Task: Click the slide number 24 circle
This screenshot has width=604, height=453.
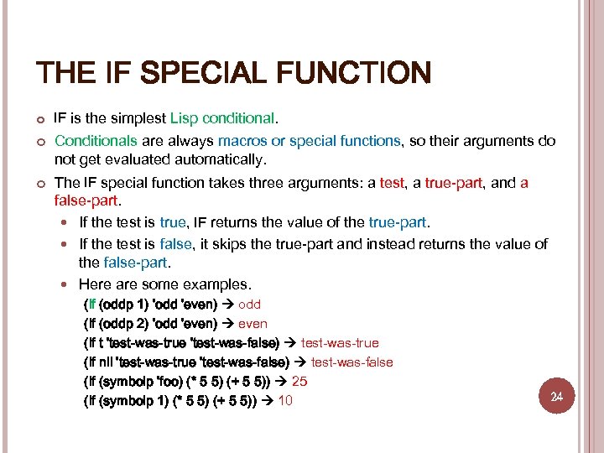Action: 556,396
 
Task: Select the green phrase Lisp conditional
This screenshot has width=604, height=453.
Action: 222,118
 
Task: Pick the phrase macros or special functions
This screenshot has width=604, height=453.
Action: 309,141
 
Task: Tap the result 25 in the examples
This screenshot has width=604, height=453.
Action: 299,382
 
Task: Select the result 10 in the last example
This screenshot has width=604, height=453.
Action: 285,401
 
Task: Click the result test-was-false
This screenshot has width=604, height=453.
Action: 352,362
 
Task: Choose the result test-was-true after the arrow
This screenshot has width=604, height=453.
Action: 340,343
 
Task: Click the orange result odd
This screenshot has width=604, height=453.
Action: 250,305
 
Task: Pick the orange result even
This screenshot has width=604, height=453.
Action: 253,324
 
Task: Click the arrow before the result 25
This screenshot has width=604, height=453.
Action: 280,382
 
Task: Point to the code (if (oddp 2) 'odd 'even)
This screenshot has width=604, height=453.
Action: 150,324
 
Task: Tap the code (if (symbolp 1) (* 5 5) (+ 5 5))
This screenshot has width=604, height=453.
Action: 171,401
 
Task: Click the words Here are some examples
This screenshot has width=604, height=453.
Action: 164,284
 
